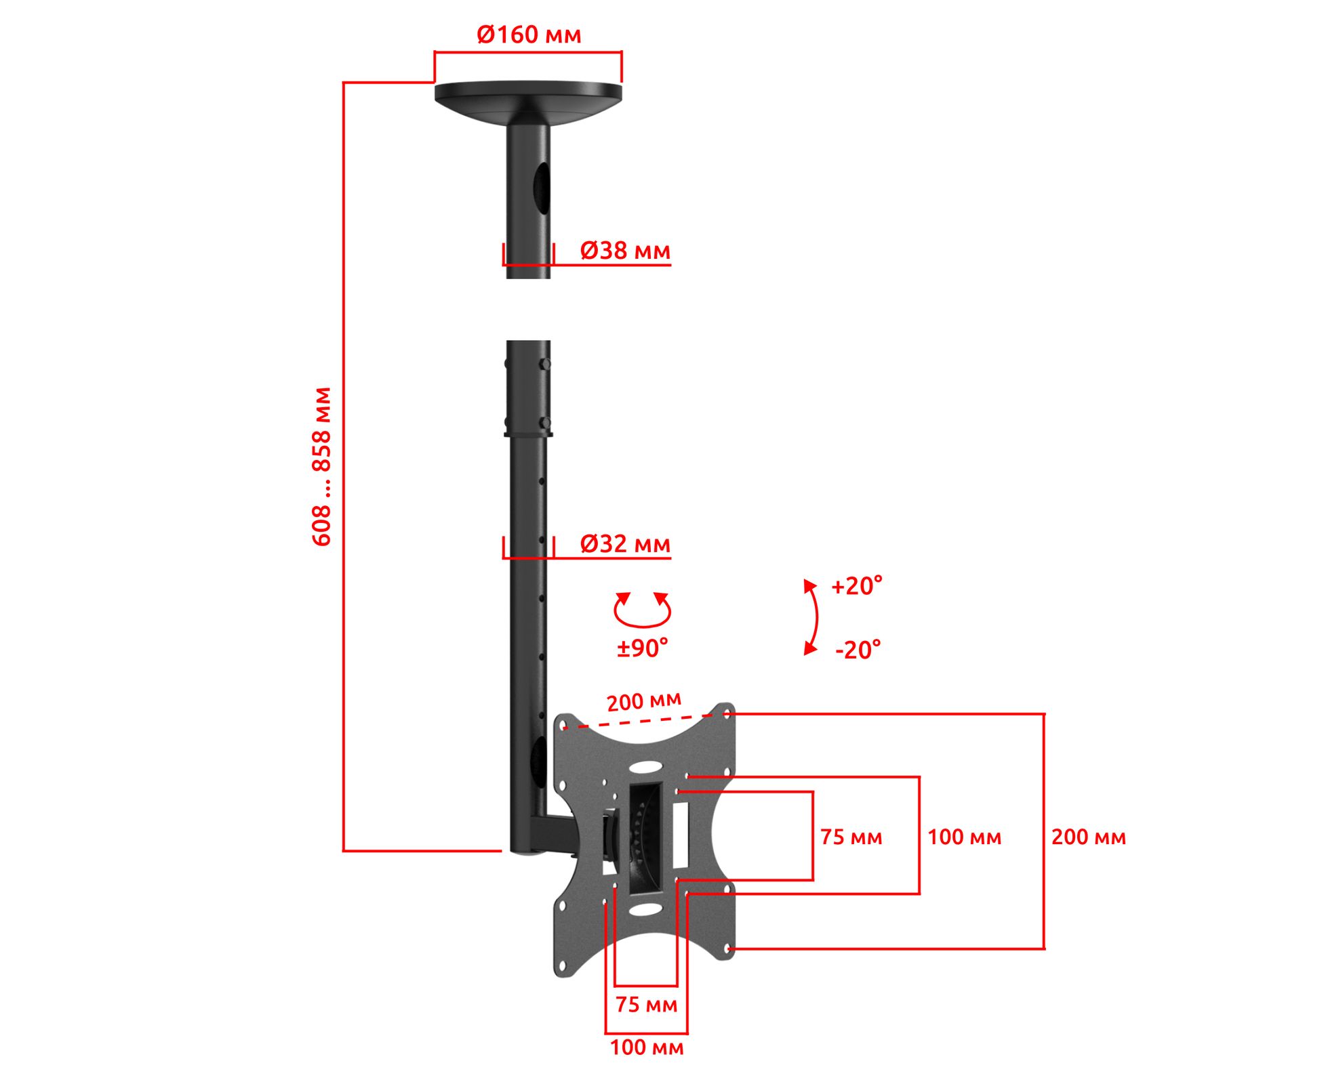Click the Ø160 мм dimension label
(529, 35)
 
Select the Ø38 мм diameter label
(625, 251)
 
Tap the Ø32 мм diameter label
(625, 544)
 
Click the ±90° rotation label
(642, 648)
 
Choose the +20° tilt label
(857, 586)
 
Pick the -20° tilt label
(858, 650)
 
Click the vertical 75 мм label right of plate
(851, 837)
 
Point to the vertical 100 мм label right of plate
(964, 837)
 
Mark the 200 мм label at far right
(1089, 837)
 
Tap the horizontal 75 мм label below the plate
(646, 1005)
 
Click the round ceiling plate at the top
(528, 95)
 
